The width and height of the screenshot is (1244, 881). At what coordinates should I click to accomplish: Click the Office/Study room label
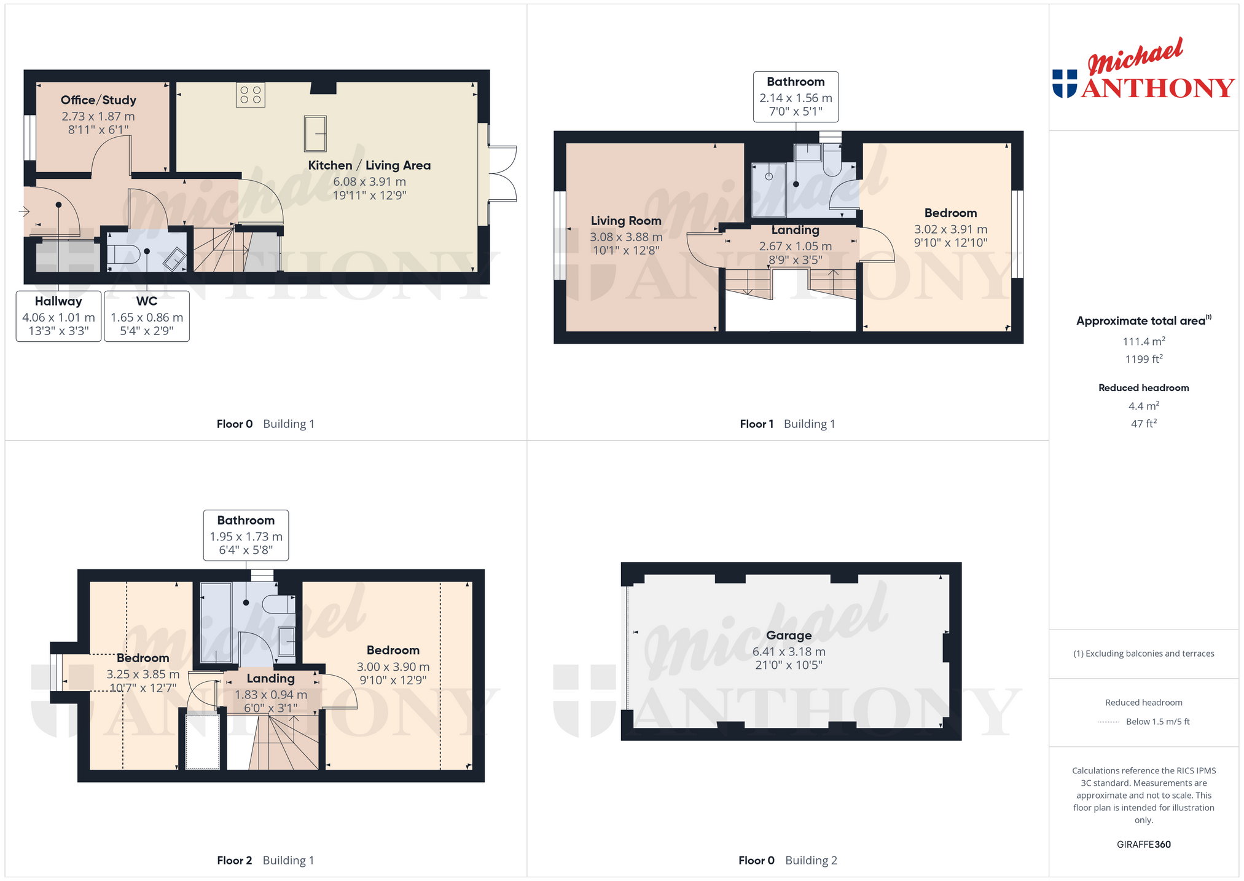pos(98,100)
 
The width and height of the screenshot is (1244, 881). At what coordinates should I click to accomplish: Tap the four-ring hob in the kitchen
pos(251,95)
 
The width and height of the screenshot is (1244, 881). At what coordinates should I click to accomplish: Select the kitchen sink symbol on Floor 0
pos(315,133)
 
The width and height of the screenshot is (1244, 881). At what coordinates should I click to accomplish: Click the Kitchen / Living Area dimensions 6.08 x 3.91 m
pos(369,182)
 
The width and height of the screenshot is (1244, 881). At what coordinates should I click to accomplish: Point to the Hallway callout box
pos(58,316)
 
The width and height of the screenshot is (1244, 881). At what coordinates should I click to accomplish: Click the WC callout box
pos(147,316)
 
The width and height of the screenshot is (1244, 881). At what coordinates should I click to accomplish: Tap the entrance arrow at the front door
pos(25,212)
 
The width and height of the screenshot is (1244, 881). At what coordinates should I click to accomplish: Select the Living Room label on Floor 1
pos(626,221)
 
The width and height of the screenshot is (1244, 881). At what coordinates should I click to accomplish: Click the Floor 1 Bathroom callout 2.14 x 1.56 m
pos(796,97)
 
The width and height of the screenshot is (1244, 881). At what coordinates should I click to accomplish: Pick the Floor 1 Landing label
pos(796,230)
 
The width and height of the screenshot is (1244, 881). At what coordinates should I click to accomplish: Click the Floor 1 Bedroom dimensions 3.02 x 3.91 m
pos(950,229)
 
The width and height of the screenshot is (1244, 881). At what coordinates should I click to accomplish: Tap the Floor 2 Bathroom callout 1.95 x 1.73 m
pos(246,535)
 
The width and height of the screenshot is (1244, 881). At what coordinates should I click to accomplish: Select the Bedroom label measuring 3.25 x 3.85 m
pos(143,658)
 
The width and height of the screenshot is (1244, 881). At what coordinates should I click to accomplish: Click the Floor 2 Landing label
pos(270,679)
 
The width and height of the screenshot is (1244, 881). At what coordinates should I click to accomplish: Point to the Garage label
pos(789,636)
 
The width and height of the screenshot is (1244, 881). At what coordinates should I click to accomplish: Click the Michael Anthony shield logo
pos(1065,84)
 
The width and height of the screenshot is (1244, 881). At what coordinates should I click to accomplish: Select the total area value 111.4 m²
pos(1144,341)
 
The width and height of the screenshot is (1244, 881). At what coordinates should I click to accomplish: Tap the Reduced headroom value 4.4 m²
pos(1144,406)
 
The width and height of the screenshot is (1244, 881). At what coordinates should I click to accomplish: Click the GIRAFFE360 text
pos(1144,845)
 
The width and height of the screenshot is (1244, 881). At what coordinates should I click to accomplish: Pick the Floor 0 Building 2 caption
pos(788,861)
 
